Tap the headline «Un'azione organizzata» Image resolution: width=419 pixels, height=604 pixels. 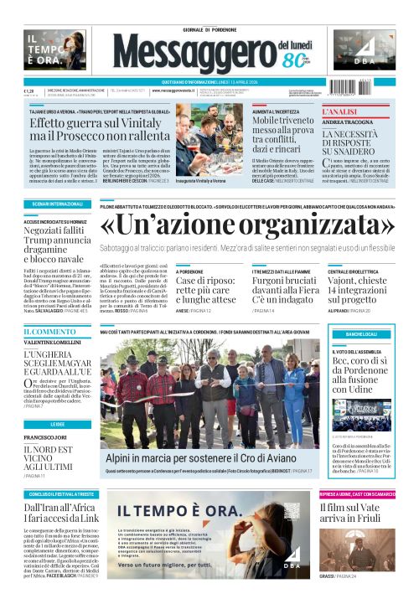pos(246,224)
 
